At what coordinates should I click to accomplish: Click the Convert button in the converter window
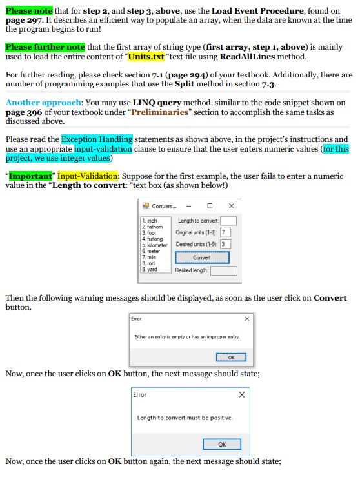coord(201,257)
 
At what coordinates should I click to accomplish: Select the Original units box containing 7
coord(225,232)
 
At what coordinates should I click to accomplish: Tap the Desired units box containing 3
coord(225,244)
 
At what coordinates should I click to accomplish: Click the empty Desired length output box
coord(223,270)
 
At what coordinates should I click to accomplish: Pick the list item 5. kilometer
coord(155,245)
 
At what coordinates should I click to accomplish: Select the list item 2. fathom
coord(153,227)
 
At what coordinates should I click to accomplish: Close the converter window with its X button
coord(232,206)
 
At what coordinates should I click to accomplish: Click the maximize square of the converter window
coord(210,206)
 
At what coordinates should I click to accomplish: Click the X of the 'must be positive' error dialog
coord(242,394)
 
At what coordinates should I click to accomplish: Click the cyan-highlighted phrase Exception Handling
coord(97,139)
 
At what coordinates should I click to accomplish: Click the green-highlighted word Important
coord(30,175)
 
